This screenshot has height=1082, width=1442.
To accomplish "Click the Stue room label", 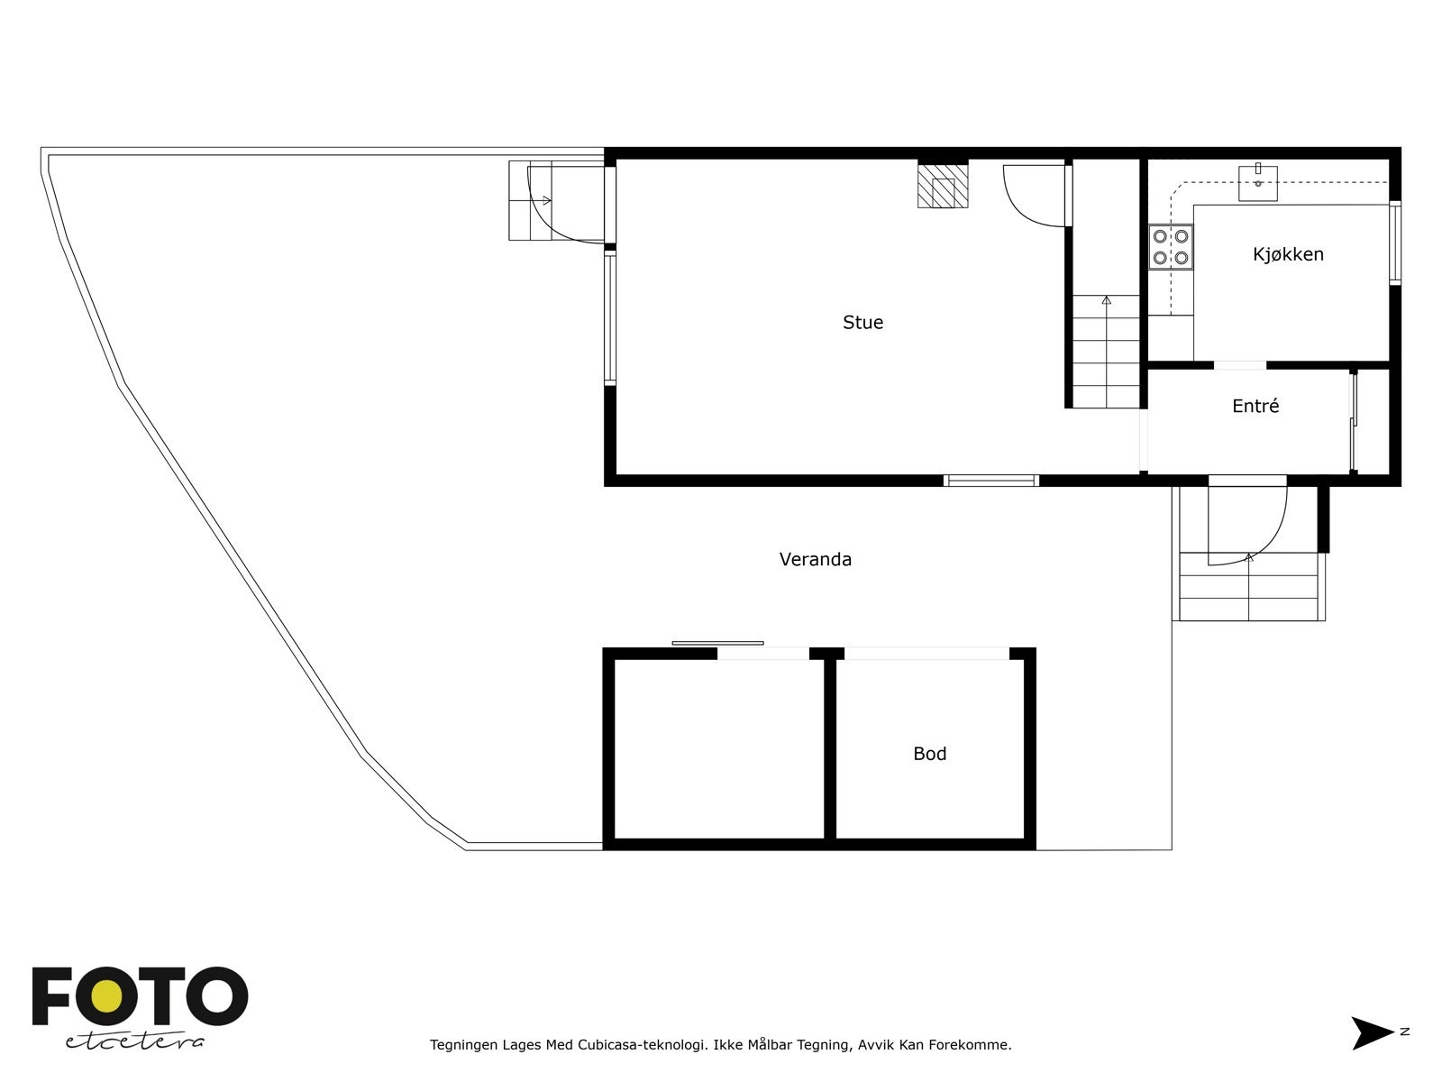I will (862, 323).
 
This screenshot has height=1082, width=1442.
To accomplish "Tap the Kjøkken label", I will (1288, 254).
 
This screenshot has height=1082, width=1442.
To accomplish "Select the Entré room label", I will (1255, 407).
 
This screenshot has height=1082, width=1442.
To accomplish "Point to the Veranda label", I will (815, 560).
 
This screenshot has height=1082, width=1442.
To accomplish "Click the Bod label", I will (929, 754).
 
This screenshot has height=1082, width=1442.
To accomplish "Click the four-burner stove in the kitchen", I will (1171, 247).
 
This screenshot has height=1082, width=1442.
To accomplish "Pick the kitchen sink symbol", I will (1258, 182).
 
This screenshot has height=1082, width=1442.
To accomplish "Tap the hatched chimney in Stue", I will (943, 188).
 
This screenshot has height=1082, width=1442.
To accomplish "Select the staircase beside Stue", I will (1106, 352).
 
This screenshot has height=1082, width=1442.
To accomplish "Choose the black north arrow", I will (1371, 1033).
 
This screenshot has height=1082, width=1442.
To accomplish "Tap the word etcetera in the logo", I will (135, 1041).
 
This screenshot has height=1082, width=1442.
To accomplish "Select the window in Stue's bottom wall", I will (990, 481).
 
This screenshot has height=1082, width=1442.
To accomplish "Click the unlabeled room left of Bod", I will (718, 748).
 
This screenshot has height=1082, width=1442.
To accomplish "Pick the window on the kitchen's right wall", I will (1394, 243).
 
